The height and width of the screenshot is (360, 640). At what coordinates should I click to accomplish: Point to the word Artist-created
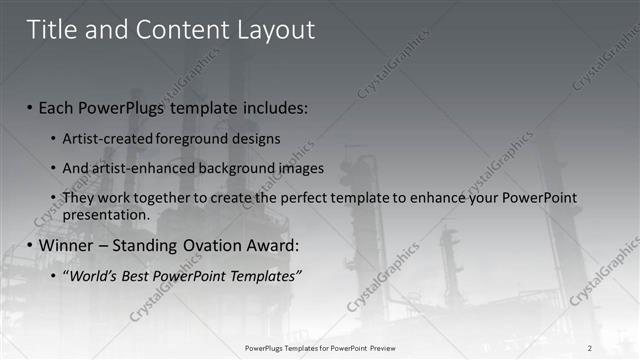tap(107, 138)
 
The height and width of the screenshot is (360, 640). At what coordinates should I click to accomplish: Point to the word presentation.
tap(105, 214)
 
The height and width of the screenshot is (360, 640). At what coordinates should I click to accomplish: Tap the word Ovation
tap(218, 245)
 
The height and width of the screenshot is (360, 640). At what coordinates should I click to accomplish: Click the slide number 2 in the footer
tap(590, 348)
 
